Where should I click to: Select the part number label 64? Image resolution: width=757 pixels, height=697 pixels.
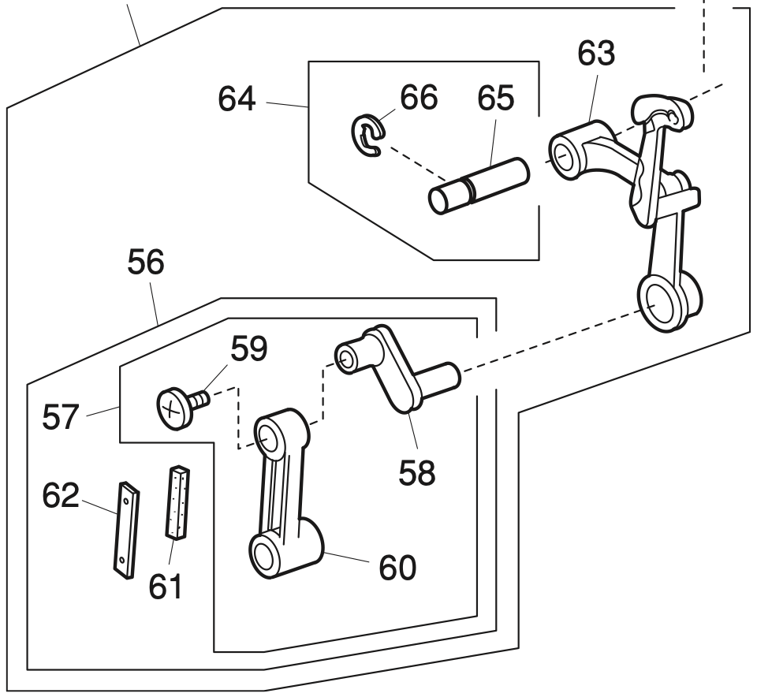pyautogui.click(x=237, y=101)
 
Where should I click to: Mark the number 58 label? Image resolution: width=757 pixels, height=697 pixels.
pyautogui.click(x=416, y=474)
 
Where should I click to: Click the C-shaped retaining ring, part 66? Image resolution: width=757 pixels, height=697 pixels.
pyautogui.click(x=367, y=134)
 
